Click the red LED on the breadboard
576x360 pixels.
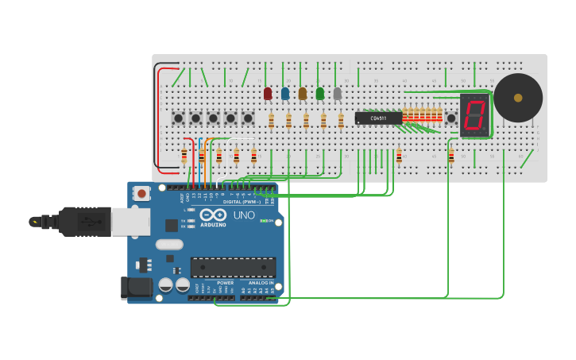click(268, 94)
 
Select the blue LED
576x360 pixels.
click(285, 94)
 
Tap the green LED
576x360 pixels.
click(320, 94)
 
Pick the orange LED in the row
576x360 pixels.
click(303, 94)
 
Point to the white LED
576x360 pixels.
click(338, 94)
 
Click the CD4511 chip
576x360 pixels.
click(378, 118)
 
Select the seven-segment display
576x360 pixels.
click(474, 114)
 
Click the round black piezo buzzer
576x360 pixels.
click(518, 98)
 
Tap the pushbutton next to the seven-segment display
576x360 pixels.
click(451, 118)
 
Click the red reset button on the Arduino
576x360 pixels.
click(141, 193)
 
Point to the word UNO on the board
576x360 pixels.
click(243, 215)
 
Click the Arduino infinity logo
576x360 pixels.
click(213, 215)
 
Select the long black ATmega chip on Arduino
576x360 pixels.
click(233, 267)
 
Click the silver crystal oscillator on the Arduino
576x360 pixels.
click(169, 245)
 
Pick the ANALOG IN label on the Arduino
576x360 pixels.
click(259, 283)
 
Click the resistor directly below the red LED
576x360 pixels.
click(271, 121)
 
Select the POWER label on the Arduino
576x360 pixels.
click(226, 283)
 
